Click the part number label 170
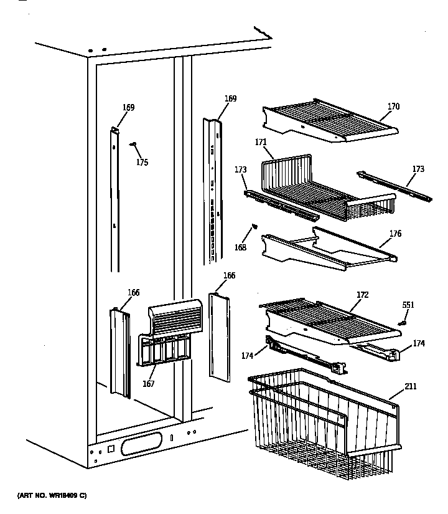(393, 107)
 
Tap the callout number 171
(261, 142)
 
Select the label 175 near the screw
(142, 163)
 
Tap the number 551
(408, 305)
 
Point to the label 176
(395, 234)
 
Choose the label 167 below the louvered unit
(149, 384)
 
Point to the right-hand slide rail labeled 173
(394, 186)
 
